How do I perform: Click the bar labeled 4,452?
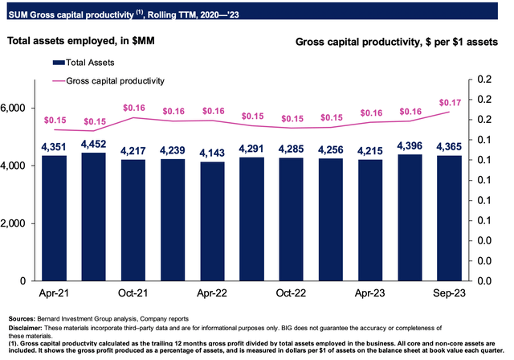pos(94,217)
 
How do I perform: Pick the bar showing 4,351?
pos(55,219)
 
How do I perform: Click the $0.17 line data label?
pos(448,101)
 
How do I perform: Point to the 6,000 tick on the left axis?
pos(17,108)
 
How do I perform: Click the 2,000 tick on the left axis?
pos(17,223)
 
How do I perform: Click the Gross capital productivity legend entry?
pos(112,80)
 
